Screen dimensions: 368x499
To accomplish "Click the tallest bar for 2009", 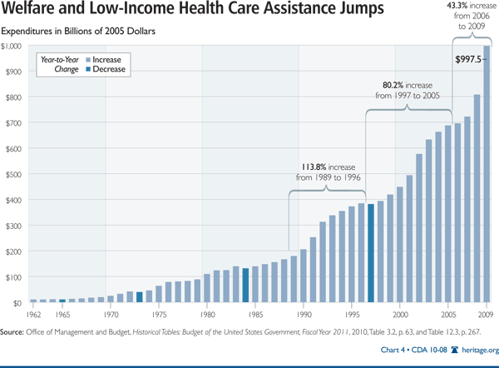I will coord(487,175).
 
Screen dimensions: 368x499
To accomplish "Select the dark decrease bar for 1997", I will coord(371,253).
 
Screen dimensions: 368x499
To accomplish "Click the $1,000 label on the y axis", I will coord(13,46).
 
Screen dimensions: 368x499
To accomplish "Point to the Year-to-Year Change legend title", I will coord(60,65).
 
